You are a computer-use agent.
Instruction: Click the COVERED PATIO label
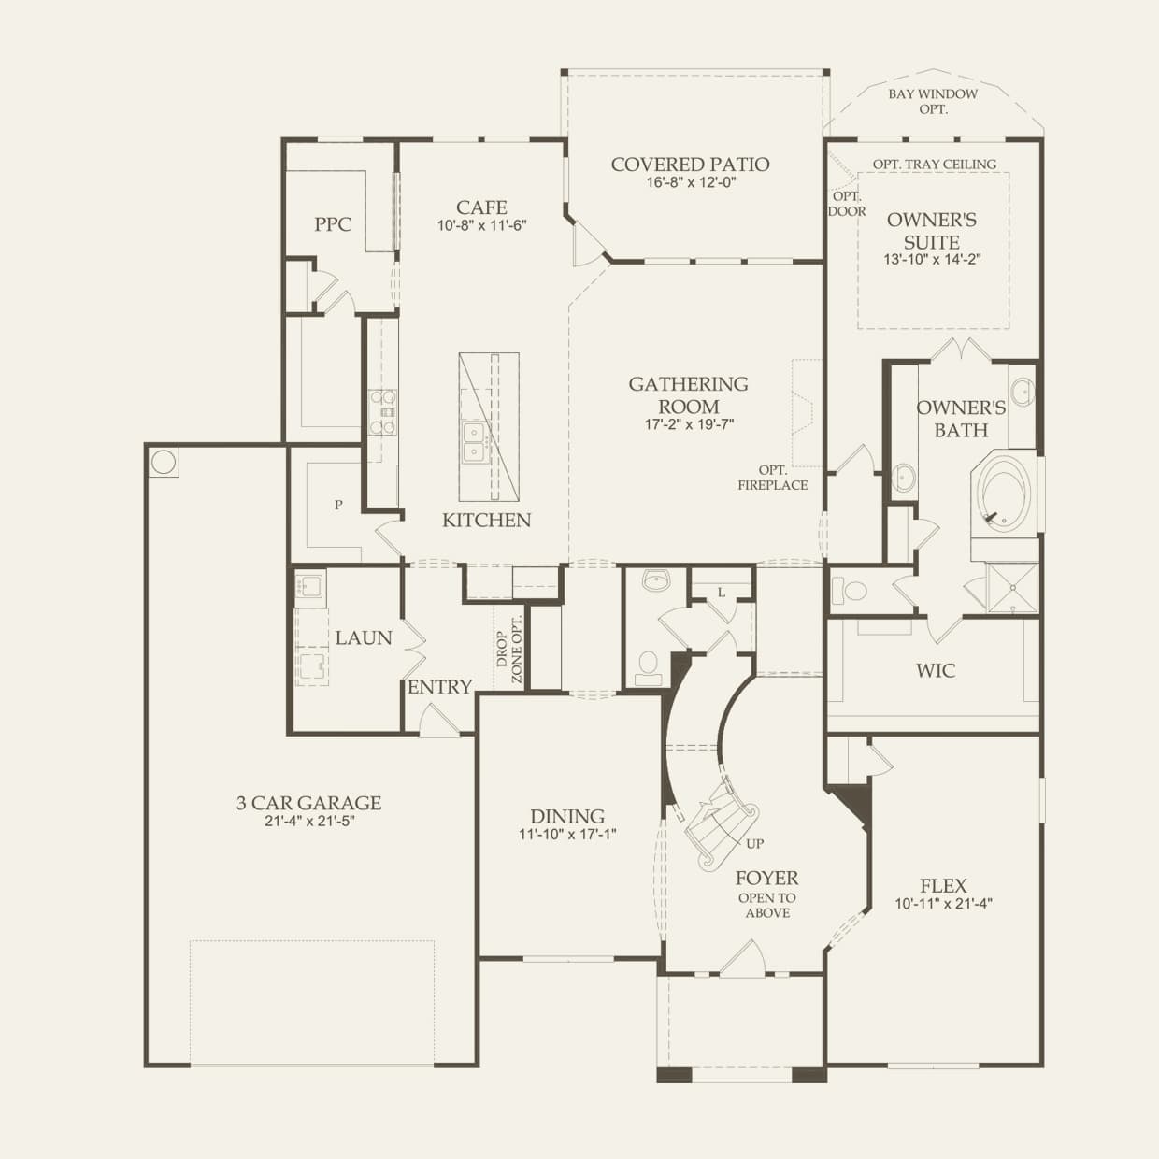click(690, 165)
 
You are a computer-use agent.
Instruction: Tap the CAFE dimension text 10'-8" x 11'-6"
click(482, 226)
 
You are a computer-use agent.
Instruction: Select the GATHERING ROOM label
click(688, 395)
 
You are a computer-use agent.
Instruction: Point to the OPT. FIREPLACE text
click(772, 478)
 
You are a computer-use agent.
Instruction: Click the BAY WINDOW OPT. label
click(933, 101)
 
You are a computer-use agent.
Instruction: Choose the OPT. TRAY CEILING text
click(935, 165)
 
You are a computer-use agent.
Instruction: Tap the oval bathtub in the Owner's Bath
click(1004, 494)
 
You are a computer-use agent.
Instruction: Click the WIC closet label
click(936, 670)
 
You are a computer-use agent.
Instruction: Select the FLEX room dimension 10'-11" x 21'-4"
click(943, 904)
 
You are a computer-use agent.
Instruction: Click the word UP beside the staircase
click(755, 843)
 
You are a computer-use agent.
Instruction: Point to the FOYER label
click(766, 879)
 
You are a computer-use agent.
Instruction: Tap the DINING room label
click(567, 816)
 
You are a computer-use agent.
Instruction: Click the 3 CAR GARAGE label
click(308, 803)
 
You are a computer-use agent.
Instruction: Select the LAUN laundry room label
click(364, 637)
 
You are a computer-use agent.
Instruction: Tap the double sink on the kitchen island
click(475, 441)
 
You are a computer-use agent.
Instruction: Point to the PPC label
click(333, 224)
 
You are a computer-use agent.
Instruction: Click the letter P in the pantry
click(338, 505)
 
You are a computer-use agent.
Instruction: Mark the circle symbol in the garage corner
click(164, 462)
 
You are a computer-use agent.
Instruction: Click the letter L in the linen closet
click(721, 593)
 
